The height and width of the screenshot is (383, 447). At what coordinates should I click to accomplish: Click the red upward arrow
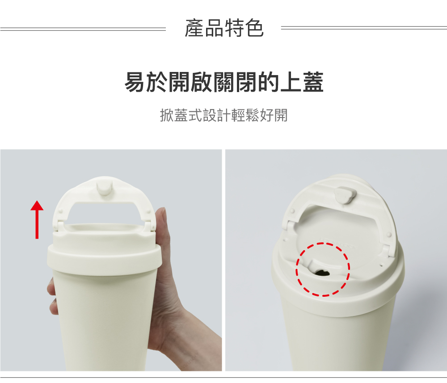[37, 219]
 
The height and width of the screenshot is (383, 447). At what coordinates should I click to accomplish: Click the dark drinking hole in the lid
[323, 273]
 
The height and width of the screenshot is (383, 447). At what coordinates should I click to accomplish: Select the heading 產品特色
[224, 28]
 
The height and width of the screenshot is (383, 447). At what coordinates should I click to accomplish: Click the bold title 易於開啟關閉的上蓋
[224, 82]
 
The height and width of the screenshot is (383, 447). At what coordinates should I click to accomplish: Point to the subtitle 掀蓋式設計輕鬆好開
[224, 115]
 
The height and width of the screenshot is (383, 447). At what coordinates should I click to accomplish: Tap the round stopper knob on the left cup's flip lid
[104, 186]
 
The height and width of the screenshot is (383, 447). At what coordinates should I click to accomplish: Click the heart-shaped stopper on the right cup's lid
[346, 194]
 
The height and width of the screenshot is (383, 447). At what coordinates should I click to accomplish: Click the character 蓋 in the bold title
[313, 82]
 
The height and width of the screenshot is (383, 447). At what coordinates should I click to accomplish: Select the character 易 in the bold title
[135, 82]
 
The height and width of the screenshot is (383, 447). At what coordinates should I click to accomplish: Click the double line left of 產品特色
[83, 29]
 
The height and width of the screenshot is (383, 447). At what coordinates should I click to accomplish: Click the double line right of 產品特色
[364, 28]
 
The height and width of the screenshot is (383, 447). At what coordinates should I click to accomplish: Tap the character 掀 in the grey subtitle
[167, 115]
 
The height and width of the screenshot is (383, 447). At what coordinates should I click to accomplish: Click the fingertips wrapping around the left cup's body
[52, 296]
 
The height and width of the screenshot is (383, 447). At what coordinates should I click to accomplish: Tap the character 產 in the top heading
[194, 28]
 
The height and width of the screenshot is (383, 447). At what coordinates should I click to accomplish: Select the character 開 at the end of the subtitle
[281, 115]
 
